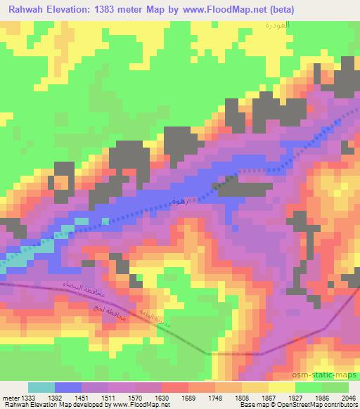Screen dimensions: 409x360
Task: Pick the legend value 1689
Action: pyautogui.click(x=189, y=396)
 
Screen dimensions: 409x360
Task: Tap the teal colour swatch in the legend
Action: pyautogui.click(x=41, y=387)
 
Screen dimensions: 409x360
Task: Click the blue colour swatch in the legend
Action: pyautogui.click(x=68, y=387)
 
